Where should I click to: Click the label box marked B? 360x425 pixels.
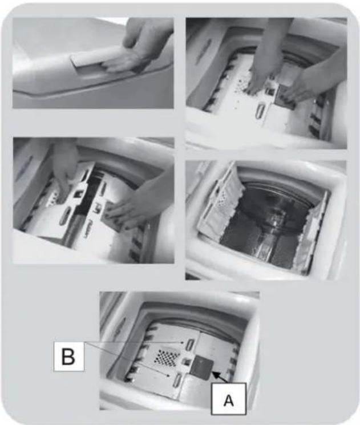pyautogui.click(x=69, y=357)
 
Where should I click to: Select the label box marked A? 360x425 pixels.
pyautogui.click(x=229, y=399)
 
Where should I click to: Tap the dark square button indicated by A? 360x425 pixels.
pyautogui.click(x=202, y=369)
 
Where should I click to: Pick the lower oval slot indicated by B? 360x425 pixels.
pyautogui.click(x=178, y=379)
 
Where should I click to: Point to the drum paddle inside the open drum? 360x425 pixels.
pyautogui.click(x=271, y=244)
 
